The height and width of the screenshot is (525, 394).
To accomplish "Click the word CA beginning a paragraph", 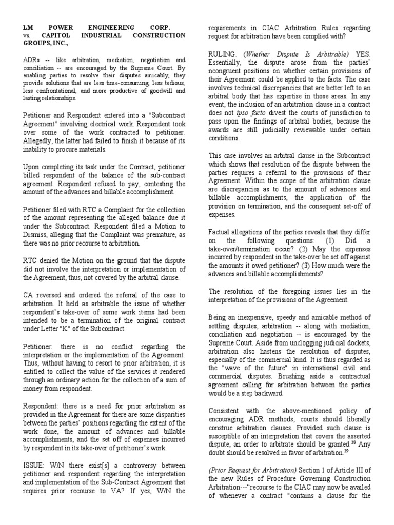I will [x=29, y=295].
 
